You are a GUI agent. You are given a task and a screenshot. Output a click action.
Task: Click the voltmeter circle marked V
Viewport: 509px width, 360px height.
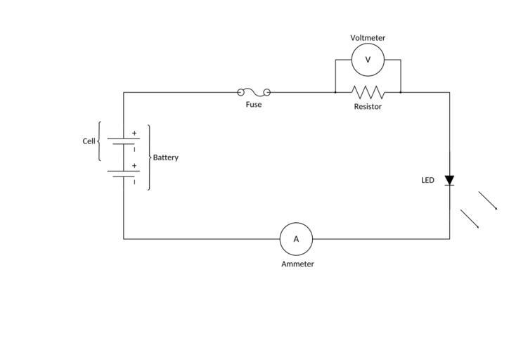point(368,60)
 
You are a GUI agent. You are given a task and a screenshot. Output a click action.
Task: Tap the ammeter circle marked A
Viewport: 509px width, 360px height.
point(296,239)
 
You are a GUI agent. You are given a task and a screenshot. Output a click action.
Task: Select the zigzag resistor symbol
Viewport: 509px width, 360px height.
point(368,92)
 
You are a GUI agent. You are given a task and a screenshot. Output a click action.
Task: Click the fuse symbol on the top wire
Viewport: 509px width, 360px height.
point(254,92)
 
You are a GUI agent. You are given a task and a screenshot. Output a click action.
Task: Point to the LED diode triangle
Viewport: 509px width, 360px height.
point(450,181)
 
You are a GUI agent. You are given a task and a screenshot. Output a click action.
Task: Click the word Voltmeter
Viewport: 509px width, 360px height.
point(368,38)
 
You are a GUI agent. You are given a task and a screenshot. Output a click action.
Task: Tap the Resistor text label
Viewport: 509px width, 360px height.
point(368,107)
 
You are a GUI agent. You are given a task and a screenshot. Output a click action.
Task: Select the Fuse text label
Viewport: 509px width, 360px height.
point(254,105)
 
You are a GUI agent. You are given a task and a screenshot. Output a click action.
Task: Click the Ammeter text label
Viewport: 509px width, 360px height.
point(297,264)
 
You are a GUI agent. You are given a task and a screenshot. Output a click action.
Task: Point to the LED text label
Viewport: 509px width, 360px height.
point(427,181)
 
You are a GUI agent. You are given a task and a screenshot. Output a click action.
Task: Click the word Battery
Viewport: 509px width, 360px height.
point(166,157)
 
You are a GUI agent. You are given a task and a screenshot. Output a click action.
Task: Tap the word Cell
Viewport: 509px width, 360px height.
point(89,141)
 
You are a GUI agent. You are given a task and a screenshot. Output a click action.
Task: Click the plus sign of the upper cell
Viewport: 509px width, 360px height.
point(134,133)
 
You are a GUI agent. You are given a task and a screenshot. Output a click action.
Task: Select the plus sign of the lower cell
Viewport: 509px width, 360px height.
point(134,166)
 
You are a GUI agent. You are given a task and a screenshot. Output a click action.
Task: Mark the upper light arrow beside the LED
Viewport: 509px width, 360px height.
point(488,200)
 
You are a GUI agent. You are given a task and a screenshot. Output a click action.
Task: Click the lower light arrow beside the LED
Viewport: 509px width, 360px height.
point(470,219)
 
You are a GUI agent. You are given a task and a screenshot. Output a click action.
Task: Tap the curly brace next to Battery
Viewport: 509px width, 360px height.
point(149,157)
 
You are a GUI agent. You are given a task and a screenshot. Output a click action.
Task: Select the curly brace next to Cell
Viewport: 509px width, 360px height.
point(99,141)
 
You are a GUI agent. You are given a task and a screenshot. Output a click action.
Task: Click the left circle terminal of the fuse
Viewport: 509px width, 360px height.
point(241,92)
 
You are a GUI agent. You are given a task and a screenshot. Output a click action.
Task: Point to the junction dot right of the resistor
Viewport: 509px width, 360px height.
point(401,92)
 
